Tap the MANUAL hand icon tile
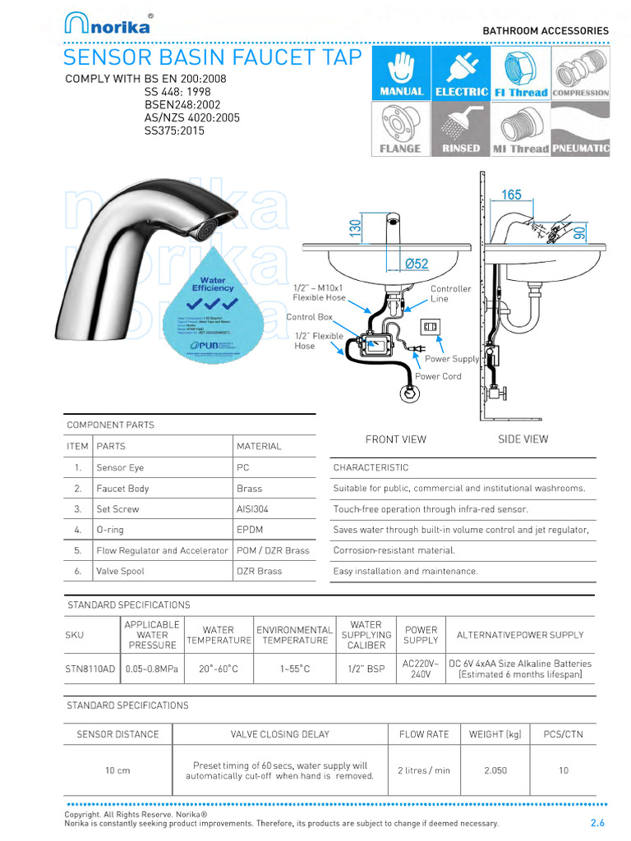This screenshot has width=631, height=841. click(x=401, y=72)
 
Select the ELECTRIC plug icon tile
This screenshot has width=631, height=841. click(x=461, y=72)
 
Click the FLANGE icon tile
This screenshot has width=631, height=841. click(x=401, y=129)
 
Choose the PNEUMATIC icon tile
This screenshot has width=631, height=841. click(x=580, y=129)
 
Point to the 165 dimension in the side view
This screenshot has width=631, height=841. click(x=511, y=195)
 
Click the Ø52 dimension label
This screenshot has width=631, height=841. click(x=417, y=264)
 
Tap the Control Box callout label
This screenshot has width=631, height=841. click(x=309, y=317)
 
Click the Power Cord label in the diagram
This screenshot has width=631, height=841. click(x=438, y=376)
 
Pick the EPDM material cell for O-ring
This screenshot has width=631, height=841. click(x=248, y=530)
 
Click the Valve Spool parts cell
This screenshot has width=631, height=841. click(x=120, y=571)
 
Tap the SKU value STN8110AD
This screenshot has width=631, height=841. click(x=90, y=669)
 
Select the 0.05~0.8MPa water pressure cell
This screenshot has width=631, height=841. click(x=152, y=669)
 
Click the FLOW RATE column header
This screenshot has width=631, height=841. click(x=424, y=734)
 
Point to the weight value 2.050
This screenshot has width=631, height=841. click(x=495, y=770)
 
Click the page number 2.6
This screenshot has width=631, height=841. click(x=597, y=823)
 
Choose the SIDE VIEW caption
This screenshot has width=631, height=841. click(x=523, y=439)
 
